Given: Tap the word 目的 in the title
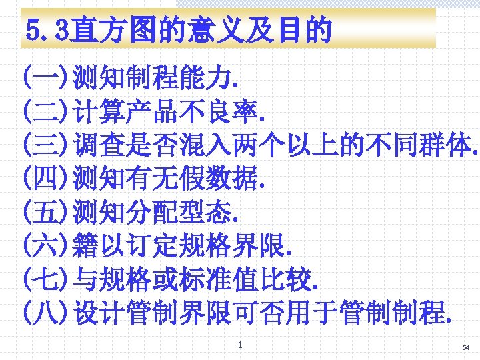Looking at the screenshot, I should (305, 30).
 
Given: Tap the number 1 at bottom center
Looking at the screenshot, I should (240, 345).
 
